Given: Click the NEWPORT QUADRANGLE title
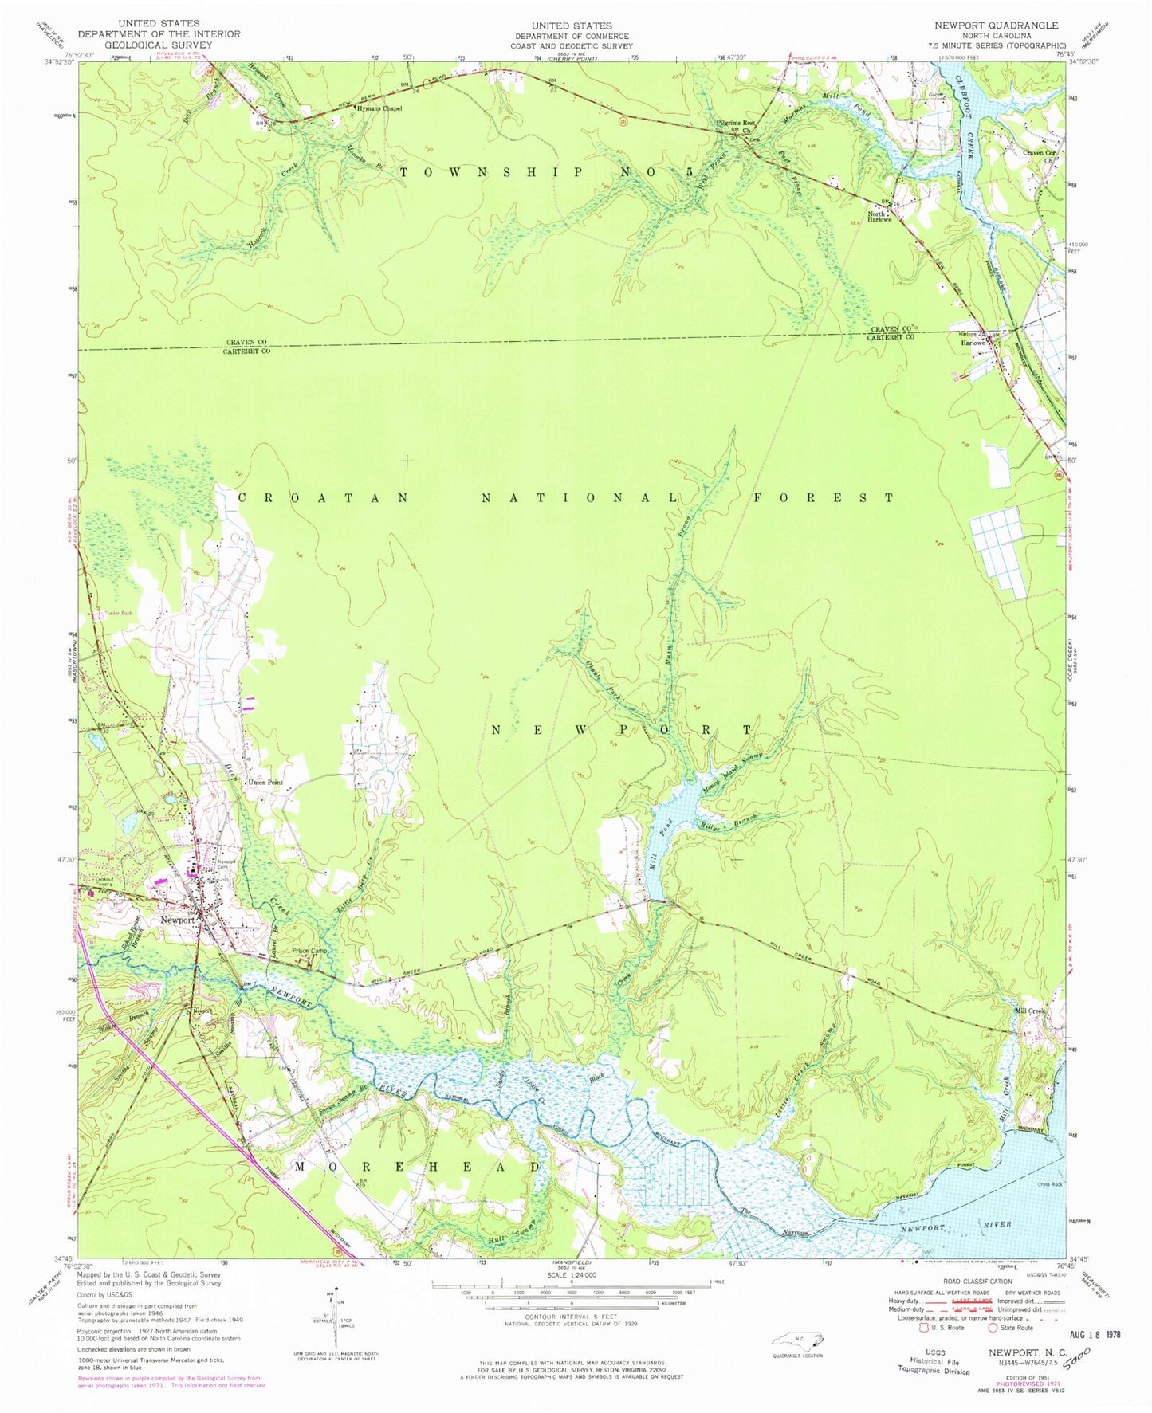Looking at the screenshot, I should [996, 26].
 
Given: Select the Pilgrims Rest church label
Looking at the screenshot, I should [735, 124].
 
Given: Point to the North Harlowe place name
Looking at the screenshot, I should [878, 217].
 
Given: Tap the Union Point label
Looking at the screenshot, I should [265, 783].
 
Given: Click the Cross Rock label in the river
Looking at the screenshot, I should [1050, 1183].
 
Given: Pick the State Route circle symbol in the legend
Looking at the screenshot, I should [993, 1328].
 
